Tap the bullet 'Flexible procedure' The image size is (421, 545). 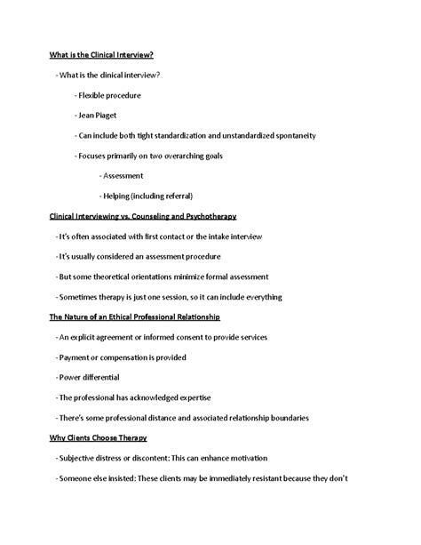point(109,95)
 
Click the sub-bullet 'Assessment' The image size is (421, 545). point(123,176)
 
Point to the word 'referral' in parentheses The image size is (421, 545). point(175,196)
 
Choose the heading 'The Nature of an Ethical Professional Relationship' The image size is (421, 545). point(135,317)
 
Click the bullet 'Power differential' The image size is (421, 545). point(89,378)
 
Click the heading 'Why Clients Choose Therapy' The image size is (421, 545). point(98,438)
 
